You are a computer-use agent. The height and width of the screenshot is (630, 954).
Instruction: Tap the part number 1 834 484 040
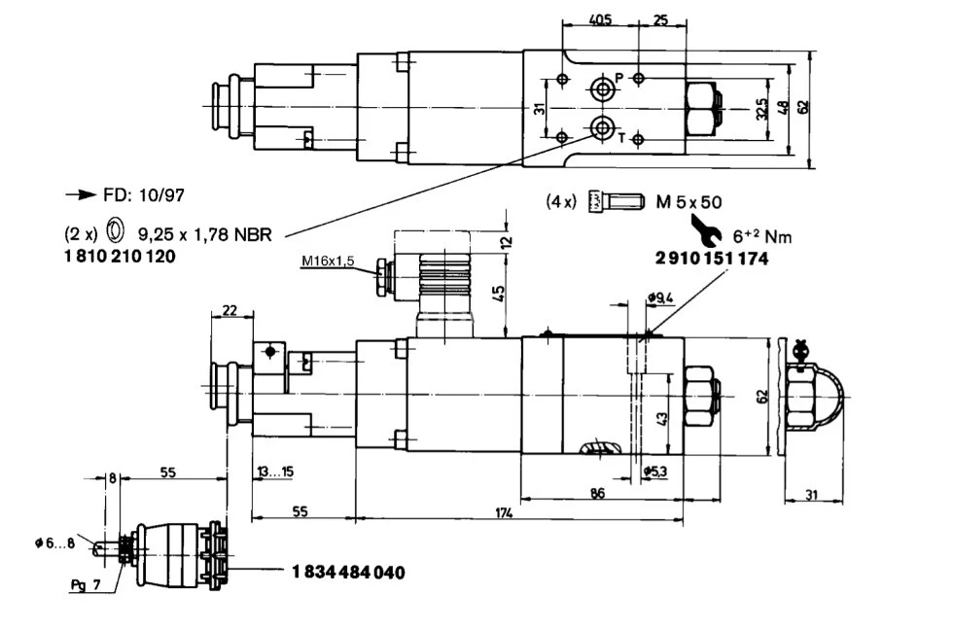tap(347, 572)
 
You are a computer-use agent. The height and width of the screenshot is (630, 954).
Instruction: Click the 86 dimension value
tap(597, 493)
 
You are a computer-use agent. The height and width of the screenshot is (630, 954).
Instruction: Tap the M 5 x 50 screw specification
tap(688, 202)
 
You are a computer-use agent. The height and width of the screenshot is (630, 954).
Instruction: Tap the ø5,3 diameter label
tap(657, 472)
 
